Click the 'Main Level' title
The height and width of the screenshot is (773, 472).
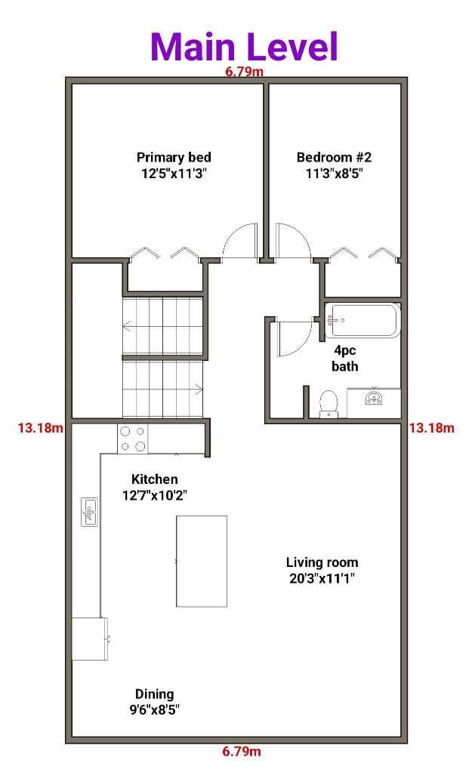(x=244, y=46)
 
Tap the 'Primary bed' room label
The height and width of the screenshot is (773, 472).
(x=174, y=157)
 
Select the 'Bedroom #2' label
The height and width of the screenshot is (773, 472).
(x=334, y=157)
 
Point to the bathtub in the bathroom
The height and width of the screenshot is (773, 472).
(x=362, y=320)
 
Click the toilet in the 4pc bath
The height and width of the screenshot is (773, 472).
(x=328, y=404)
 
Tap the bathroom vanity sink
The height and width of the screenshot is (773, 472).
(x=375, y=397)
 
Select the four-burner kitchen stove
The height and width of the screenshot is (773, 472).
(x=133, y=439)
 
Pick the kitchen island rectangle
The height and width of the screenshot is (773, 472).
(x=202, y=561)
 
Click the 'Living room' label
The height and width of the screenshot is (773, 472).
(x=322, y=562)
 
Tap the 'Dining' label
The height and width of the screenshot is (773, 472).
(x=154, y=694)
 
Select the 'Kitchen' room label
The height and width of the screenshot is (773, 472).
(x=154, y=479)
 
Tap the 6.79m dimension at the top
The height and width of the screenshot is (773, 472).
(x=244, y=72)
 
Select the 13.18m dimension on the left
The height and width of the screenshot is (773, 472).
(x=41, y=428)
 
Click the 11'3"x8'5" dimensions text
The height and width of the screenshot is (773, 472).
(x=334, y=174)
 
